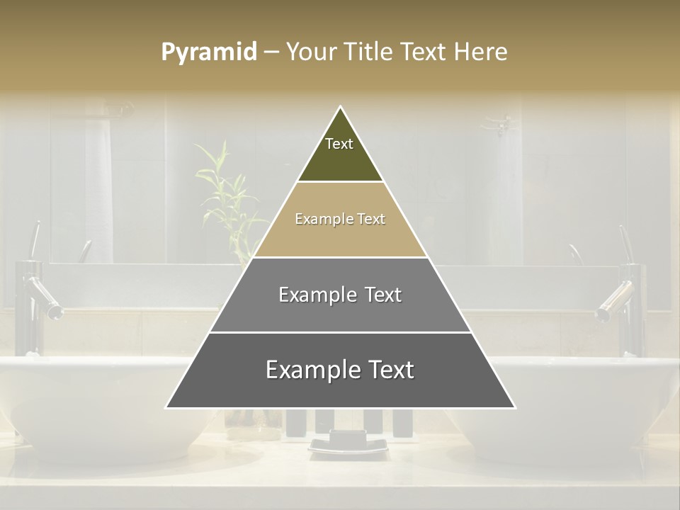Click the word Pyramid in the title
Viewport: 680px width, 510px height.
click(x=208, y=52)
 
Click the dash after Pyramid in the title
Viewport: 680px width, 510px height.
click(x=271, y=52)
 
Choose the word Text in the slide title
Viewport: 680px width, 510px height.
click(x=424, y=52)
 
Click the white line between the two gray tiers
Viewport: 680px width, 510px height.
click(x=340, y=332)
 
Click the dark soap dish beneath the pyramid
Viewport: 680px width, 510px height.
click(x=348, y=445)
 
